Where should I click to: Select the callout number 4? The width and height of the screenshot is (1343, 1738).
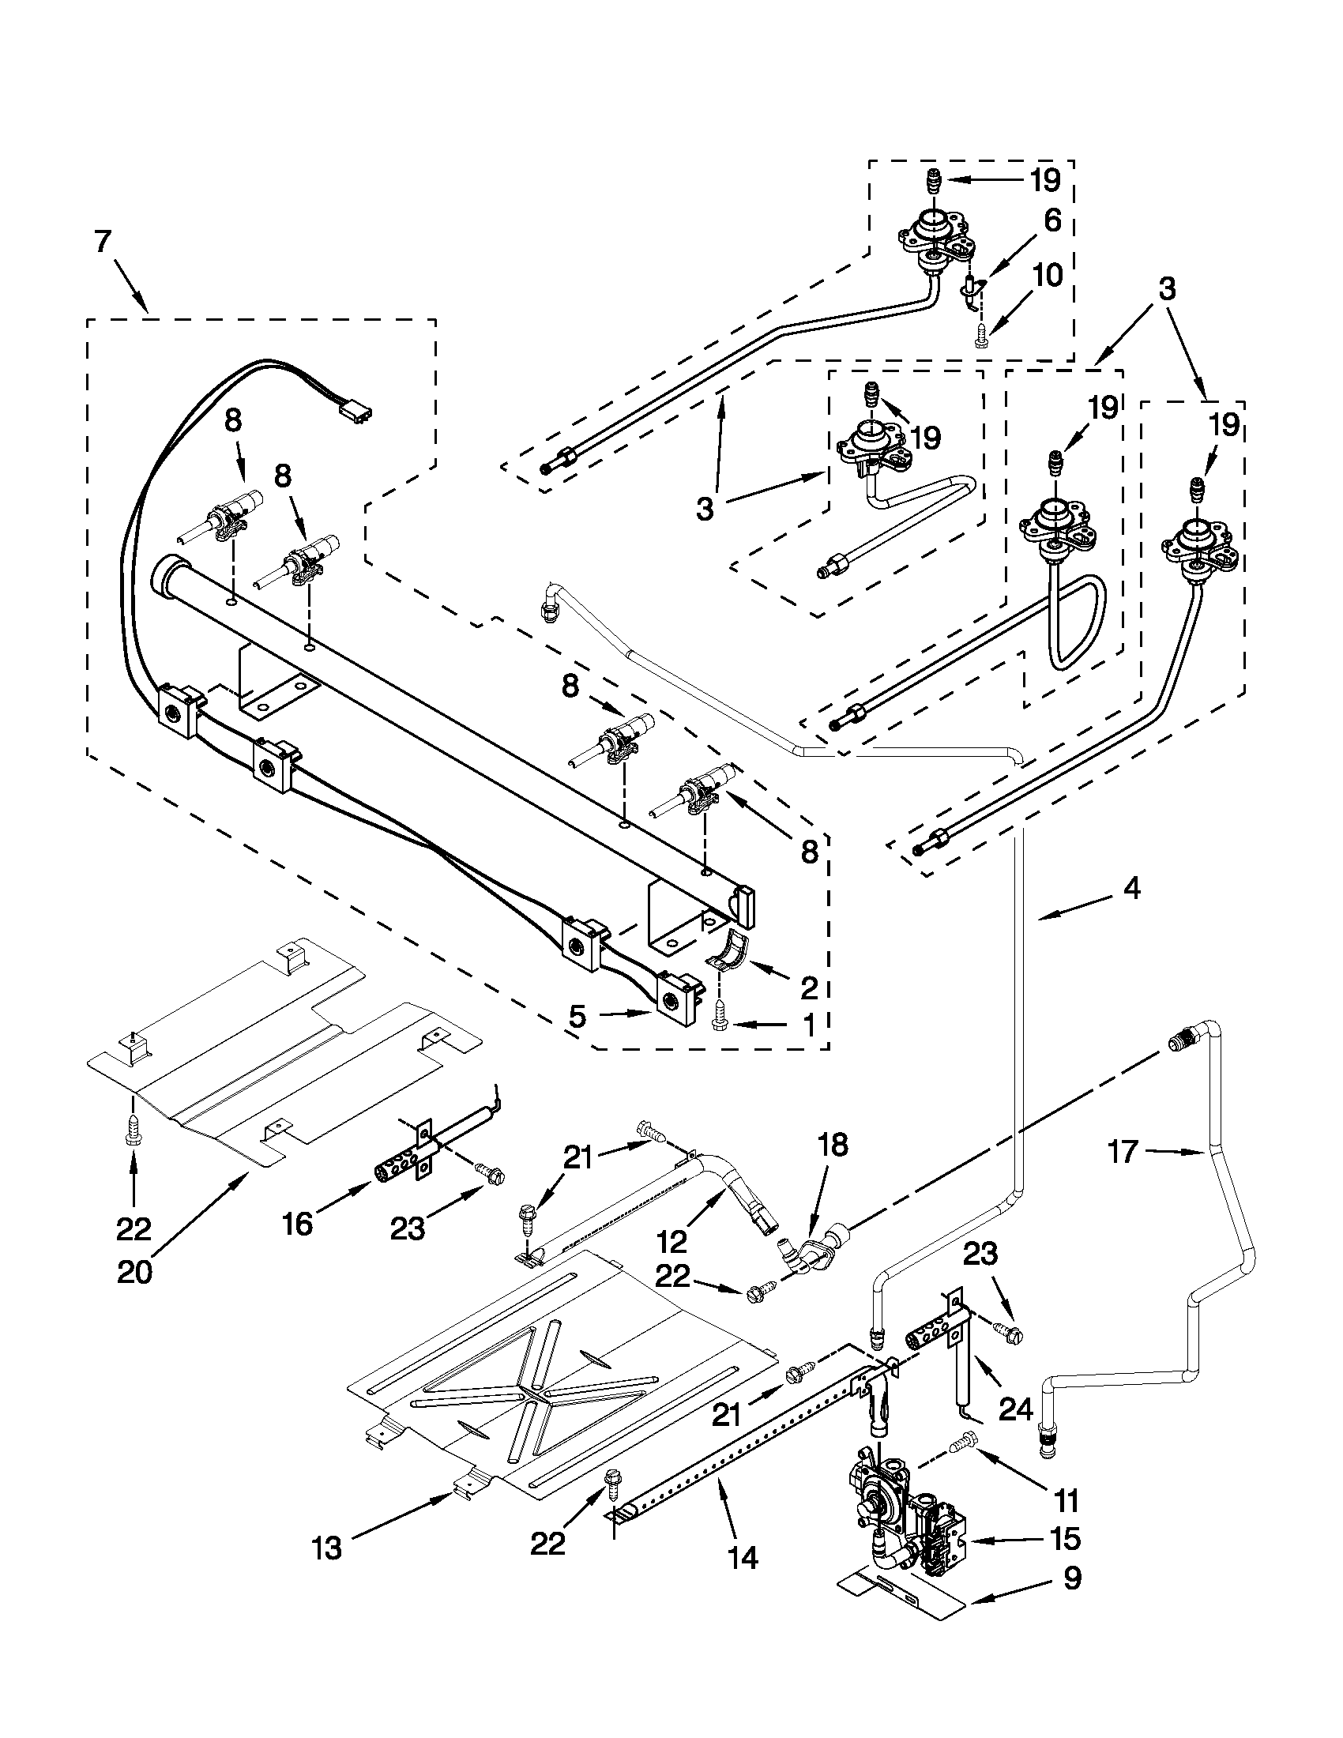[x=1131, y=889]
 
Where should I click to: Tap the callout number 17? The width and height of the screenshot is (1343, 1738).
[x=1123, y=1152]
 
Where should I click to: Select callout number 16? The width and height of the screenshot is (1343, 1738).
[x=297, y=1224]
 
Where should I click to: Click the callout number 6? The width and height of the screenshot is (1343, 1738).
[x=1051, y=220]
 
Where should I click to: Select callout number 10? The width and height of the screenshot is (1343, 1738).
[x=1048, y=276]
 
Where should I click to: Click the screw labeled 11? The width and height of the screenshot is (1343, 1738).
[x=965, y=1439]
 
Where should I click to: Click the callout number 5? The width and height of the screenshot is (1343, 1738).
[x=577, y=1017]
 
